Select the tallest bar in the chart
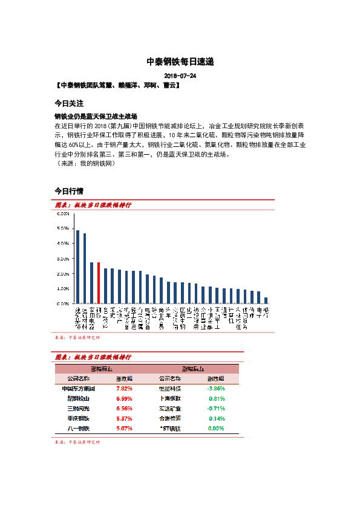pos(77,267)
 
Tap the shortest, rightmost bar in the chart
pos(266,300)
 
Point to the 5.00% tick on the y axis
pos(63,229)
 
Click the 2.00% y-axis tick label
pos(63,274)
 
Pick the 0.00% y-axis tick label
pos(63,304)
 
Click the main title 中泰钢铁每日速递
pos(180,62)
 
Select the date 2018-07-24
pos(180,76)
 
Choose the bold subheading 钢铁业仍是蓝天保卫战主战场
pos(96,115)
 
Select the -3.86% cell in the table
pos(216,389)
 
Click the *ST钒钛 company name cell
pos(170,428)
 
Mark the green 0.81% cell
pos(217,398)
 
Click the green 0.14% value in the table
pos(217,418)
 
